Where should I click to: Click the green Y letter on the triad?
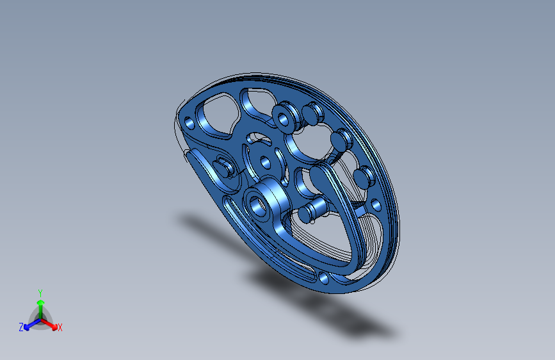pos(40,293)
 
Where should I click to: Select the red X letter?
pos(60,327)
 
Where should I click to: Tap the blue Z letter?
pos(21,327)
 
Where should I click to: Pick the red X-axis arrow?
pos(49,324)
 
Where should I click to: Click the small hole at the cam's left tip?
pos(189,123)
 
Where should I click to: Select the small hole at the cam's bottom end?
pos(323,278)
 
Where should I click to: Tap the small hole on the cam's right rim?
pos(376,205)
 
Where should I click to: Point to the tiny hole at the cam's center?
pos(266,163)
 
